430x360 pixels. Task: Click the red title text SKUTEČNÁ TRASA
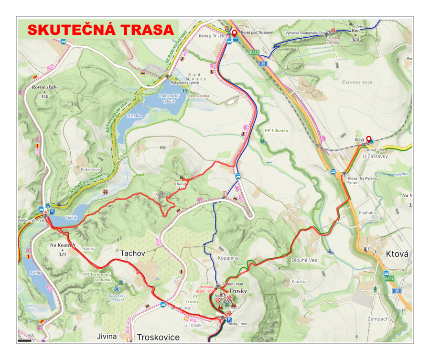pyautogui.click(x=100, y=30)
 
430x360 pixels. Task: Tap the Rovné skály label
pyautogui.click(x=44, y=88)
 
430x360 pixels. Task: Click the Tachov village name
pyautogui.click(x=132, y=253)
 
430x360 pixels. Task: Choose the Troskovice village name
pyautogui.click(x=158, y=337)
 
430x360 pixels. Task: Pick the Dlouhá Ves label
pyautogui.click(x=304, y=260)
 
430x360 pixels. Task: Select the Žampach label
pyautogui.click(x=365, y=318)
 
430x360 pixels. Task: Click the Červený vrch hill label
pyautogui.click(x=357, y=83)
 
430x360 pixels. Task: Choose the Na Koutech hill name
pyautogui.click(x=62, y=245)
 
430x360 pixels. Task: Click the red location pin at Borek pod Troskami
pyautogui.click(x=235, y=33)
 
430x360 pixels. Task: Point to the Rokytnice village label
pyautogui.click(x=90, y=169)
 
